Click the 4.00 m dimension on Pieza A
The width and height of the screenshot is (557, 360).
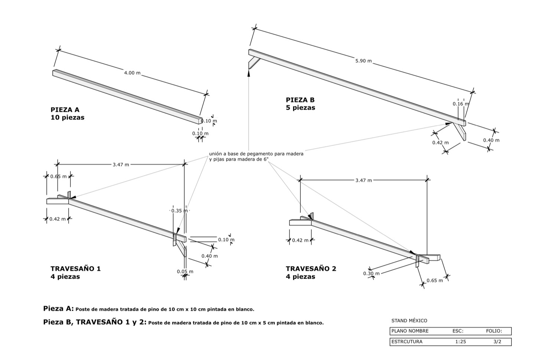point(132,73)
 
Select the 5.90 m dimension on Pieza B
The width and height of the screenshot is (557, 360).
point(364,61)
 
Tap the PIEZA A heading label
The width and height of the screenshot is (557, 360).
point(65,110)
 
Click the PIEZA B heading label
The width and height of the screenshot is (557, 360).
point(300,100)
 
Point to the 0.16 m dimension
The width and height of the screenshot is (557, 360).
point(460,104)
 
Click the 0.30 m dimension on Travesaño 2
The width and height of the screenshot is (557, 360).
point(371,274)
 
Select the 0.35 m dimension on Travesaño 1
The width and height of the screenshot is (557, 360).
point(179,211)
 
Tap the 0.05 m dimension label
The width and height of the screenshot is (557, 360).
point(185,272)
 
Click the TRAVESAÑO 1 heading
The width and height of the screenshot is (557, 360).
point(76,269)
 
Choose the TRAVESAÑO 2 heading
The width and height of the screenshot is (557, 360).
point(311,269)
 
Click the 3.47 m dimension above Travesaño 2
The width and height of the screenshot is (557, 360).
point(363,180)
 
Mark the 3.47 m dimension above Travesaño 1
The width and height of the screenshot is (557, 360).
point(121,164)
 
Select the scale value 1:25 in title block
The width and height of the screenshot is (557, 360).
point(460,342)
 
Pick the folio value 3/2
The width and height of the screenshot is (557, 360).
point(497,342)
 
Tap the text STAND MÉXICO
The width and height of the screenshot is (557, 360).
point(409,321)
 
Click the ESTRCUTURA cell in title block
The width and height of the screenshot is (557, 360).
point(407,342)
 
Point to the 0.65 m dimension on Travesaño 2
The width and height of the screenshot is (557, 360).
point(434,281)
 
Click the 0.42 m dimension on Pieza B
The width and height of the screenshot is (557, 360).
point(440,143)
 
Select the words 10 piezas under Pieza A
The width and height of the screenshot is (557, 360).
point(67,118)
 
